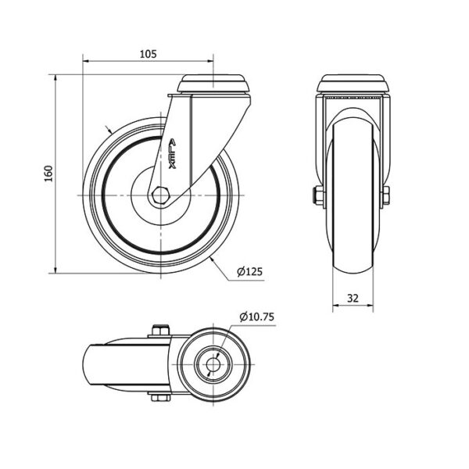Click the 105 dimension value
pos(148,54)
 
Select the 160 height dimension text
pos(48,174)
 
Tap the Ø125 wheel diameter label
pos(249,271)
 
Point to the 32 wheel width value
pos(353,299)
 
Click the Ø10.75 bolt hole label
pos(256,317)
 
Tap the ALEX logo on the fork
pos(172,153)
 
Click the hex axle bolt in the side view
pos(160,195)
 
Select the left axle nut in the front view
pos(318,195)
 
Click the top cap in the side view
pos(213,84)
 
